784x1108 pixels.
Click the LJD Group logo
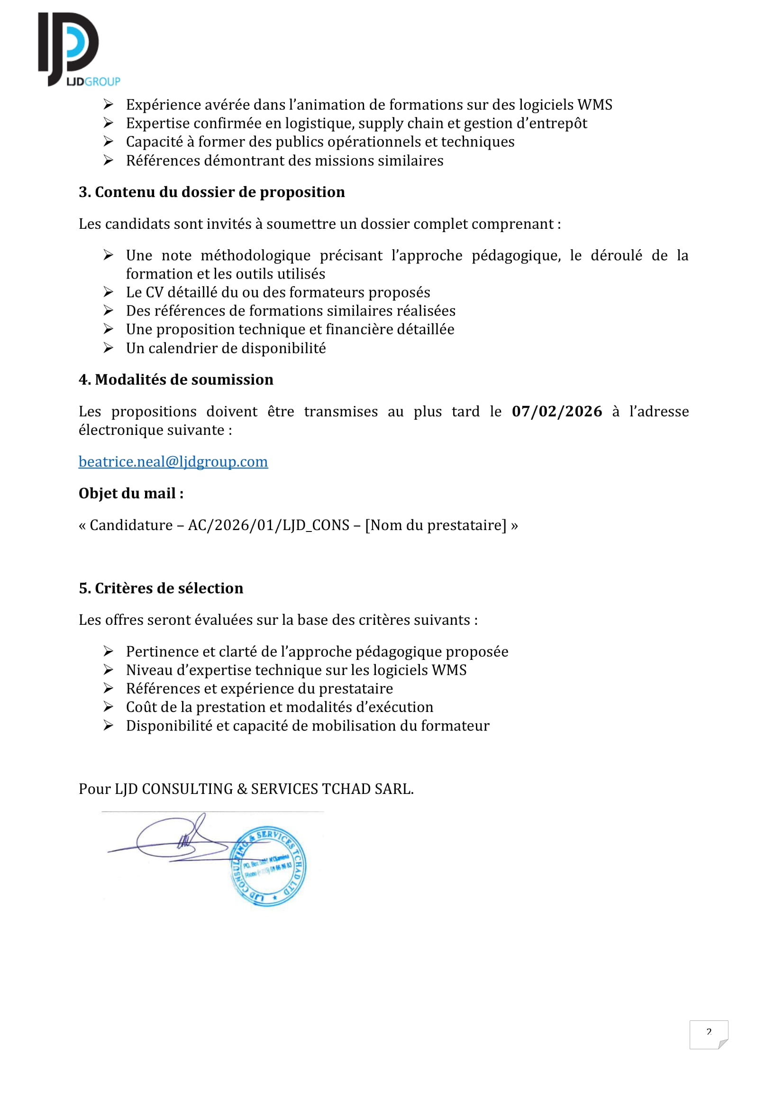pos(77,49)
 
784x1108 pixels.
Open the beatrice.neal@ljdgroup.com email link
pos(173,462)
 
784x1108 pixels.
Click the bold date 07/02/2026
pos(556,411)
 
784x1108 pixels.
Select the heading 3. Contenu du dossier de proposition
pos(211,192)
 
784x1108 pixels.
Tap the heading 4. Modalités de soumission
pos(176,380)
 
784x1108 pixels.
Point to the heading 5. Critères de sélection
pos(161,588)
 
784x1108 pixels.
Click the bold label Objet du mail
pos(131,494)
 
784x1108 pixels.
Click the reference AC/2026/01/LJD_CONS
pos(268,525)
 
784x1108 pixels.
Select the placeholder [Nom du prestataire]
pos(436,525)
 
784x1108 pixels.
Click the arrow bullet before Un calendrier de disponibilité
pos(108,348)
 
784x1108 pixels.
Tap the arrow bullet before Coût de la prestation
pos(108,707)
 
